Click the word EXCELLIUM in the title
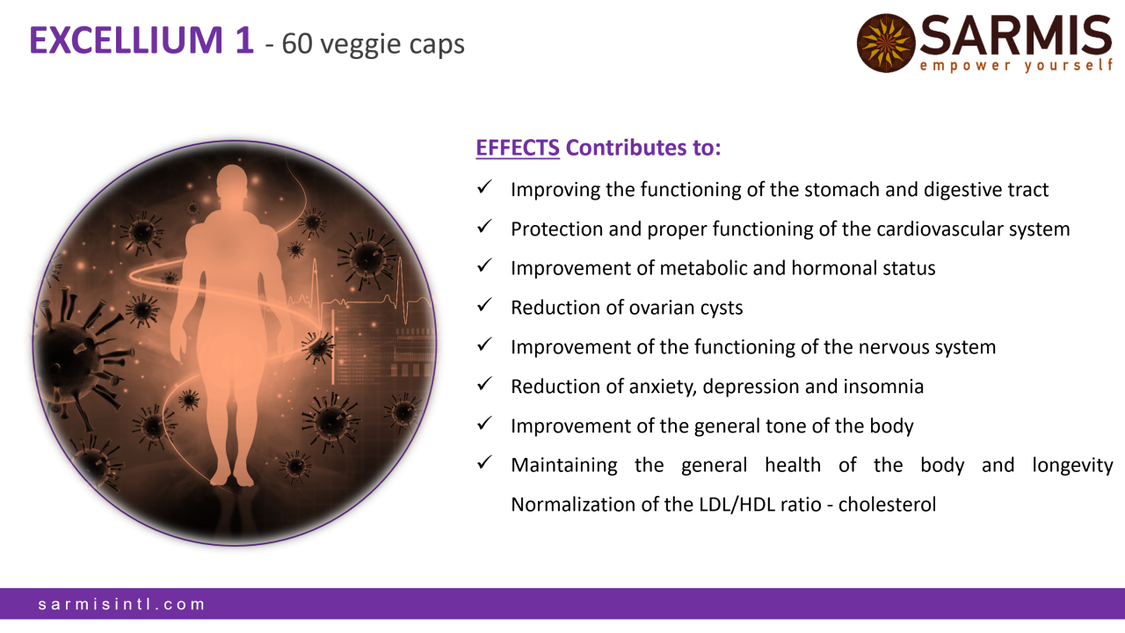[126, 40]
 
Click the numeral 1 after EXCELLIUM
[244, 40]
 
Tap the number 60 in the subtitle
[297, 44]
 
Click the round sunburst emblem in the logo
[886, 43]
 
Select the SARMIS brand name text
[1015, 35]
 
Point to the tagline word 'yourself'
[1070, 66]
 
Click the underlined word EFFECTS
[518, 148]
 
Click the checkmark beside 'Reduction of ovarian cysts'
[484, 304]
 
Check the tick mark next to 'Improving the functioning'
[484, 187]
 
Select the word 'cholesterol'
[887, 505]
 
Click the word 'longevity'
[1072, 466]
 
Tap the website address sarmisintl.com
[121, 604]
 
